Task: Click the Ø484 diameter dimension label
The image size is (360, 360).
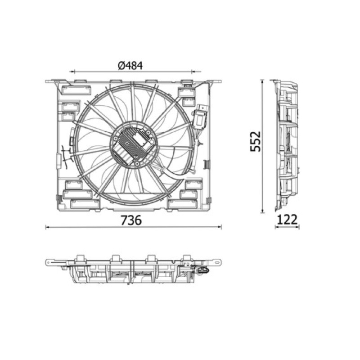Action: pos(130,66)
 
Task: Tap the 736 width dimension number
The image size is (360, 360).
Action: pos(131,220)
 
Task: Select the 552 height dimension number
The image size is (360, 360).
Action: pos(255,141)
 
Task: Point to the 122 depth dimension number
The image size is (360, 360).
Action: pos(287,220)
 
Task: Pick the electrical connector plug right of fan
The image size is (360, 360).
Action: pos(201,117)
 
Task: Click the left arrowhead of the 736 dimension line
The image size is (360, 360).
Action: pos(48,227)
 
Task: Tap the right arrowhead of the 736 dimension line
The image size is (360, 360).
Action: pos(220,227)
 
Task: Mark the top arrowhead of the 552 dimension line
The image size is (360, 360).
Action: pos(262,82)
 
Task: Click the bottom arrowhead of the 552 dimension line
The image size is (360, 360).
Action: pos(262,211)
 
